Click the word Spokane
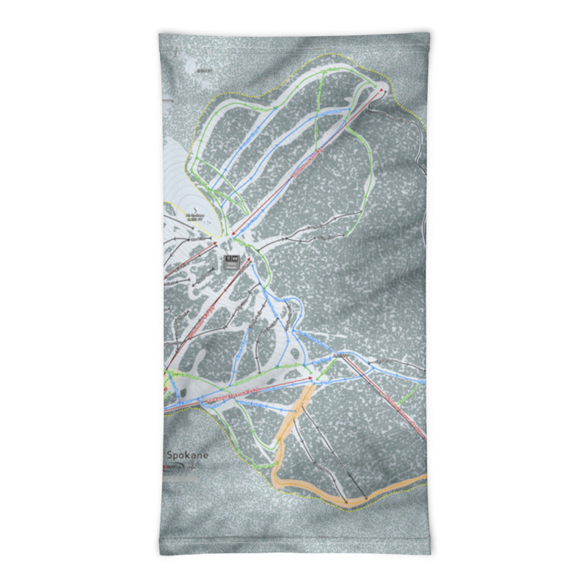pyautogui.click(x=187, y=456)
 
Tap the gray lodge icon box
pyautogui.click(x=233, y=260)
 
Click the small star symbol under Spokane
pyautogui.click(x=189, y=468)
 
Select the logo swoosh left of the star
pyautogui.click(x=172, y=468)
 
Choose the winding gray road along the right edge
pyautogui.click(x=419, y=147)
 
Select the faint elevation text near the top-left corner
pyautogui.click(x=203, y=70)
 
